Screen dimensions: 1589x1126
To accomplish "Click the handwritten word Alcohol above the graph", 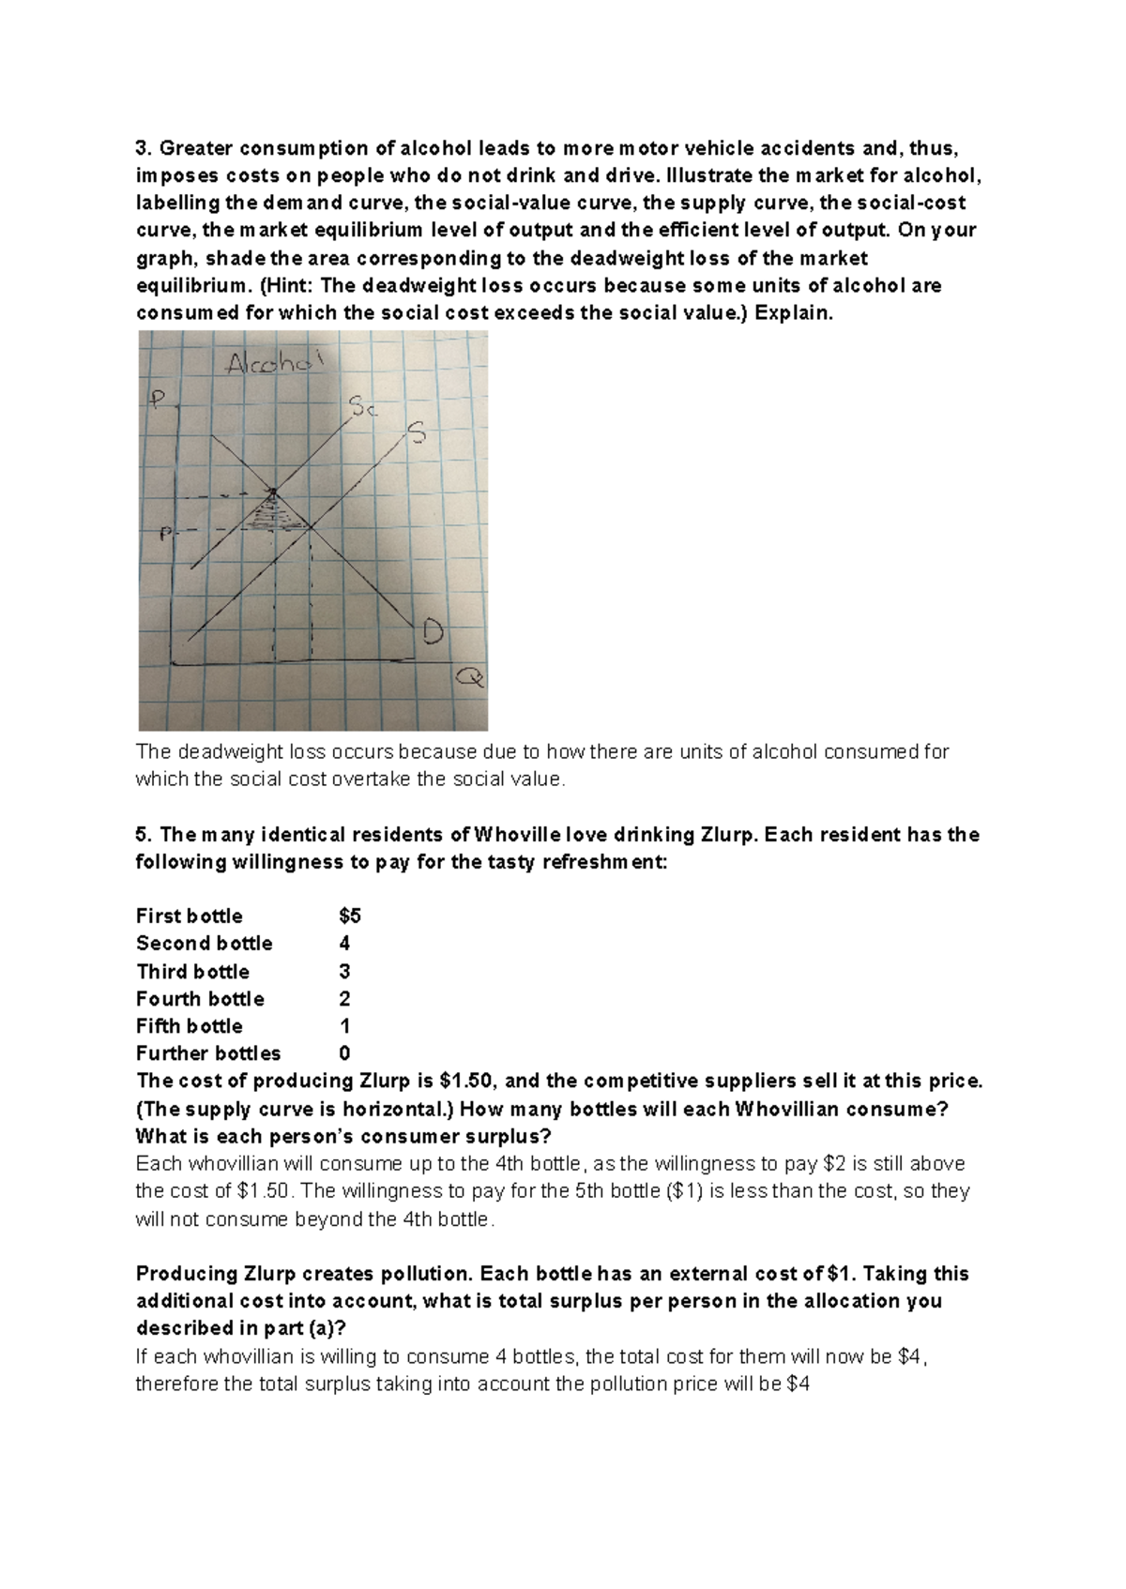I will click(x=266, y=364).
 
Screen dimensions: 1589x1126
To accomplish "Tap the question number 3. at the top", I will click(x=144, y=148).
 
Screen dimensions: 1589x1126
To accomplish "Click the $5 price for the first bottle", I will click(x=349, y=916).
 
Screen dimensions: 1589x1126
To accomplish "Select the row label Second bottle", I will click(x=204, y=944).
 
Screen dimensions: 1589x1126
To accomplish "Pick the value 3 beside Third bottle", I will click(x=344, y=972).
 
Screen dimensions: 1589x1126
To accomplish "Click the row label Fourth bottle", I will click(x=200, y=999).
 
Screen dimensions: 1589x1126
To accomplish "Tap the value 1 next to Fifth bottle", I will click(x=344, y=1026).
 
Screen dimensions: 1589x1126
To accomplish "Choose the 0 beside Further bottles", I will click(x=344, y=1053).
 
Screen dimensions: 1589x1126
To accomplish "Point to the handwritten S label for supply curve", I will click(x=416, y=433).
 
